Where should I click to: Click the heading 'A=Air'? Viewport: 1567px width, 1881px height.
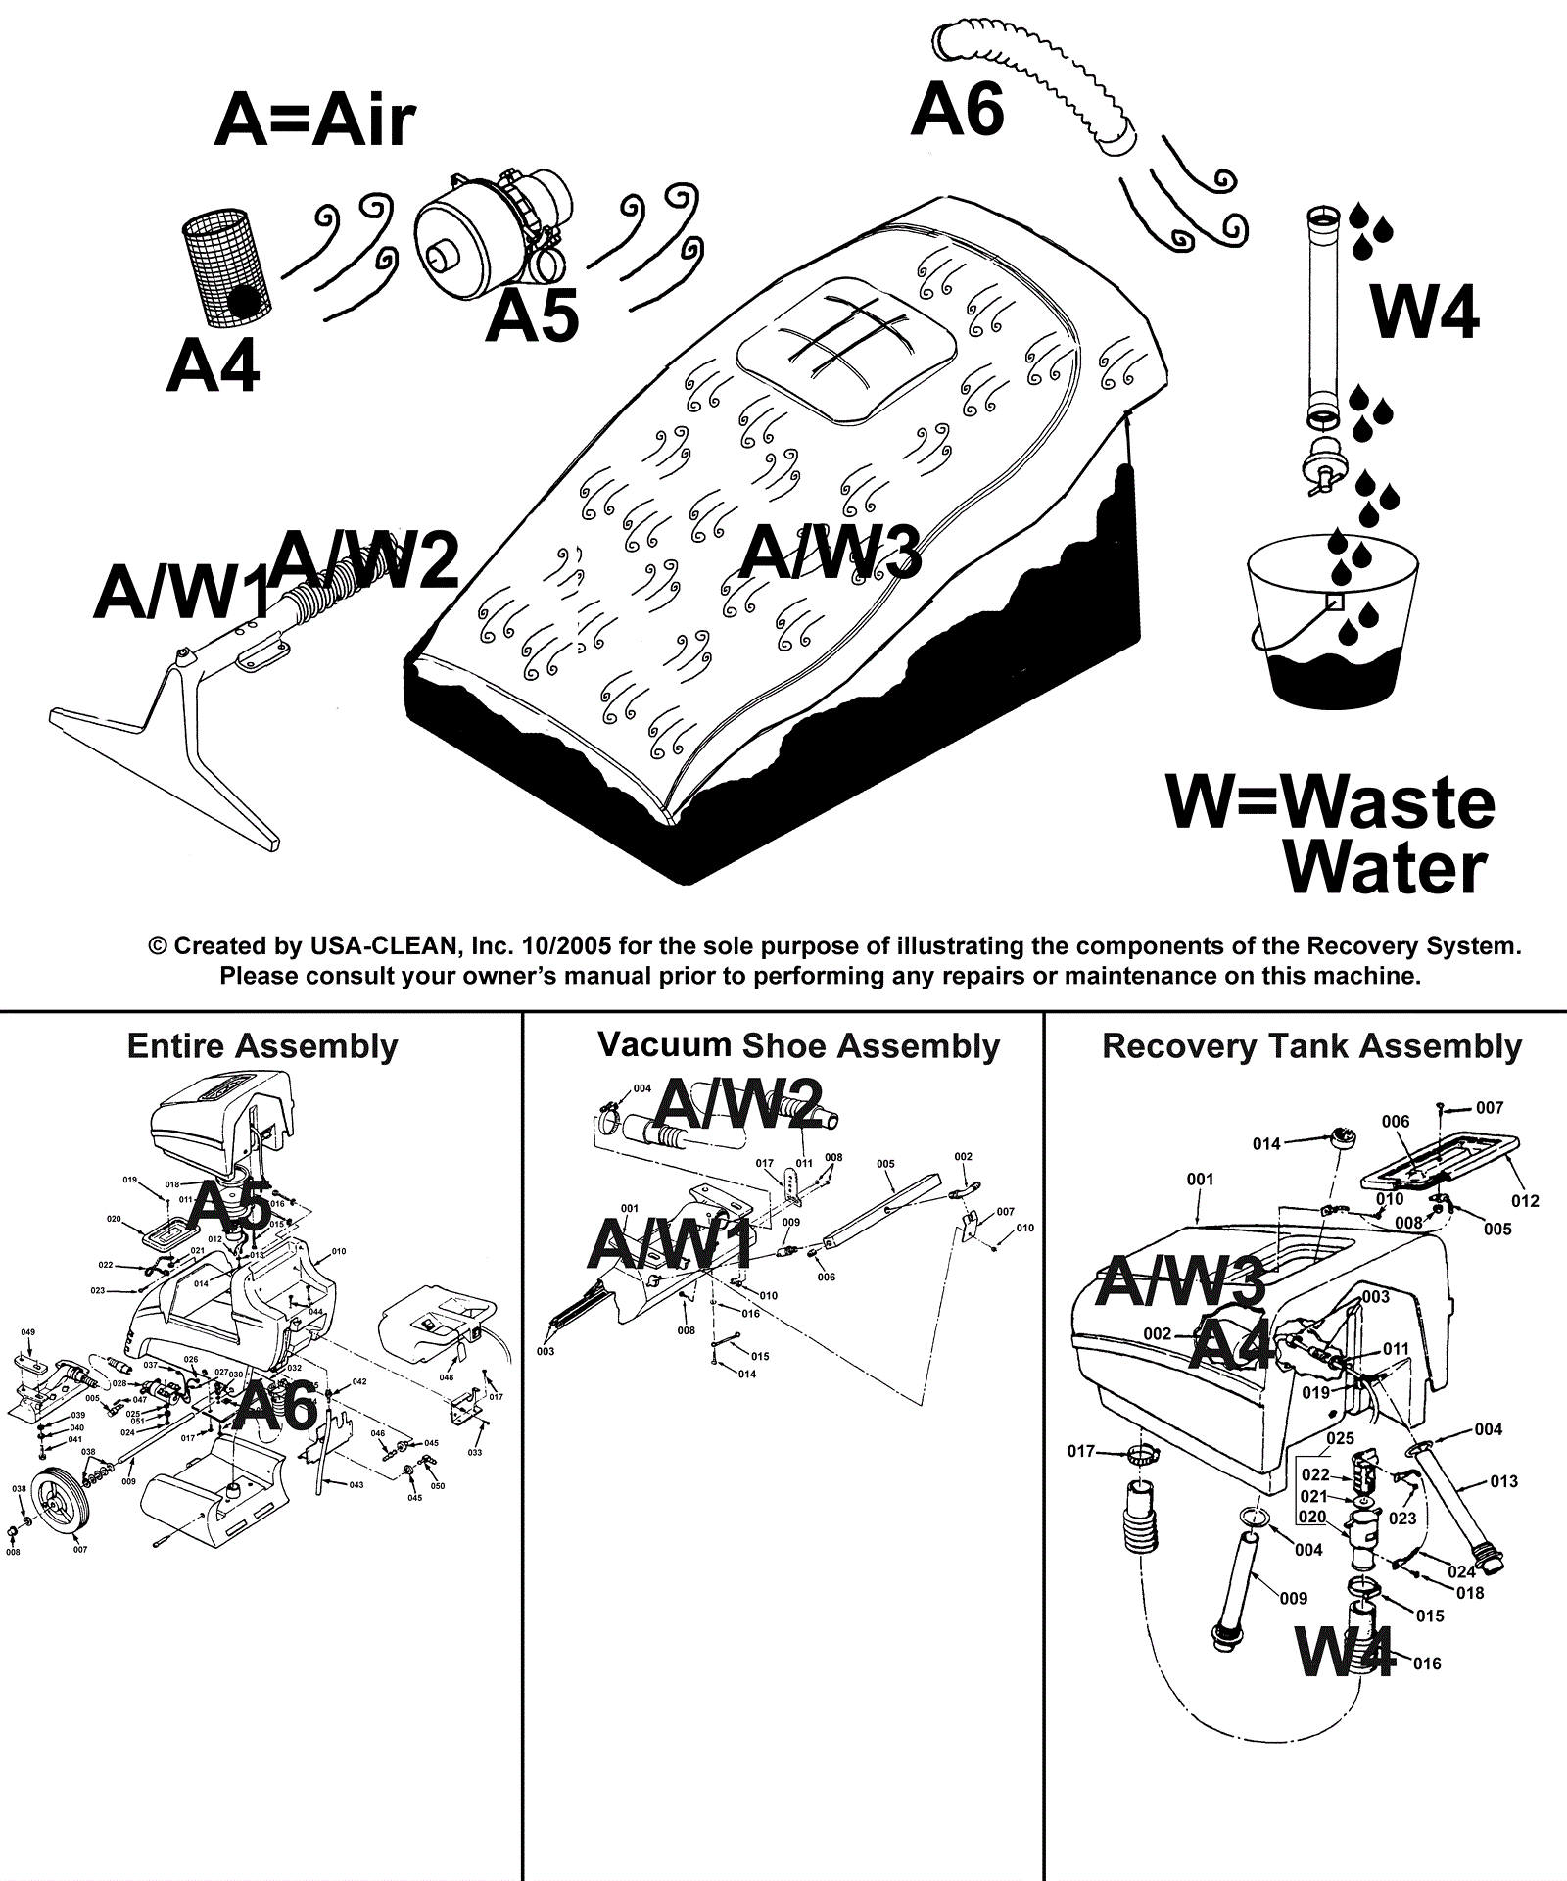coord(314,121)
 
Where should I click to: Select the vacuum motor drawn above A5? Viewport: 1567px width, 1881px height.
coord(490,227)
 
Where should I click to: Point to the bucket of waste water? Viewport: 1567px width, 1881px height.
coord(1332,627)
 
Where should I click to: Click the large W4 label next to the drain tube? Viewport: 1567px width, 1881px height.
coord(1425,312)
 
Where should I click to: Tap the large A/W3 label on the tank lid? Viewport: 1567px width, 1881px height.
coord(830,552)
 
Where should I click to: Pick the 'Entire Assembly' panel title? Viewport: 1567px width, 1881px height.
coord(262,1046)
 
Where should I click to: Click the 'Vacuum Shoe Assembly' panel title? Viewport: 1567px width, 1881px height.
coord(798,1045)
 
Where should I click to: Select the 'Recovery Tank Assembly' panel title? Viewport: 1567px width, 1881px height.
coord(1311,1046)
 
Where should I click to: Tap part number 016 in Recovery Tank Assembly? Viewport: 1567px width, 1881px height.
coord(1427,1664)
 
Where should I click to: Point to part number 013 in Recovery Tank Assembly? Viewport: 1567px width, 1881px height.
coord(1503,1481)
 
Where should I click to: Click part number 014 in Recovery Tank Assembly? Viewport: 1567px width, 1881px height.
coord(1266,1143)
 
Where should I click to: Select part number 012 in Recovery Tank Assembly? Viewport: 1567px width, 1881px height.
coord(1525,1201)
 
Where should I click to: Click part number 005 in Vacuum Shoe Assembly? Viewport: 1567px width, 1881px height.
coord(885,1165)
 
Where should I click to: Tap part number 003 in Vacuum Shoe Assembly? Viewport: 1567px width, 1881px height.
coord(546,1352)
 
